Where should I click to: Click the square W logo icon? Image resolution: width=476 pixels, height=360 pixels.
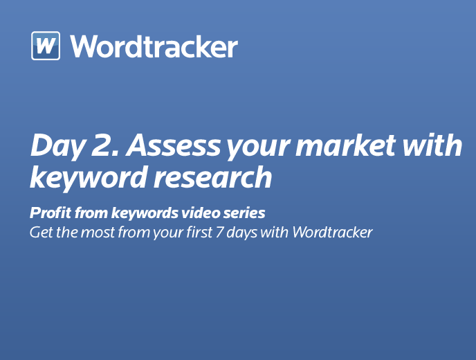[46, 46]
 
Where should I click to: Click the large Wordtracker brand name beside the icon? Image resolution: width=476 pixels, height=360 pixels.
[154, 46]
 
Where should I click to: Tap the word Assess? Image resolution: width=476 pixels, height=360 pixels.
[174, 145]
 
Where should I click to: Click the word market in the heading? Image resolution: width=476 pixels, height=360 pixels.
[346, 145]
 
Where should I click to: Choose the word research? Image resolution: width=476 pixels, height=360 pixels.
[213, 177]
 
